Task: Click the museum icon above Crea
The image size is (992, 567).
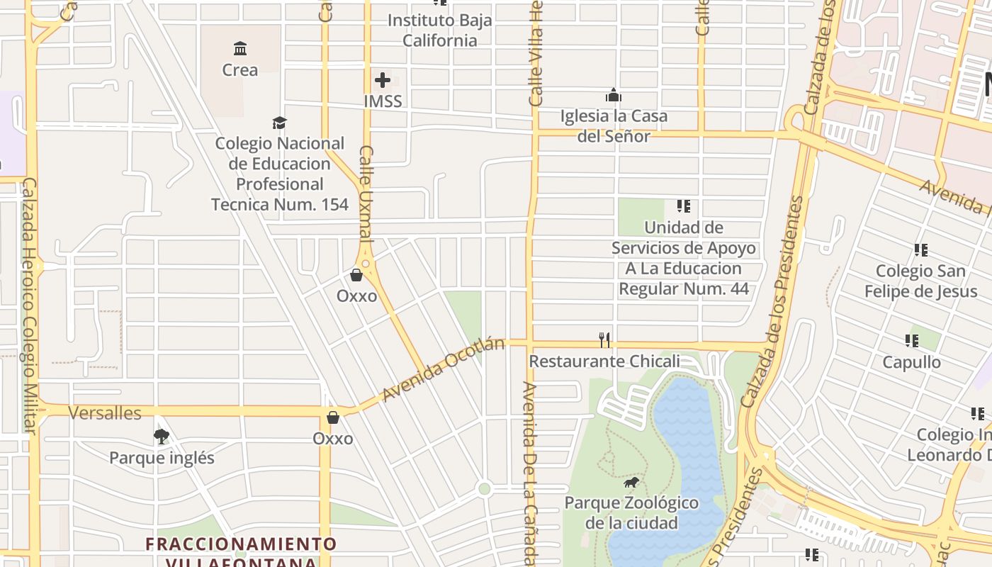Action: tap(240, 49)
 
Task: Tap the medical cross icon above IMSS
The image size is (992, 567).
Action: tap(383, 80)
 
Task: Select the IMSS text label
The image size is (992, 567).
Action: tap(383, 101)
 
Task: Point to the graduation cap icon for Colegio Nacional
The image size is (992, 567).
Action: tap(280, 123)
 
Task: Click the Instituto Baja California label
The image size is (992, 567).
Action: tap(439, 30)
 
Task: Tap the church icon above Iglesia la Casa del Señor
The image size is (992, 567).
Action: tap(614, 95)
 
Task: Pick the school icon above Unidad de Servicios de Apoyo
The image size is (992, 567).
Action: tap(683, 206)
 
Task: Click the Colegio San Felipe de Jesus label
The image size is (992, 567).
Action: tap(920, 281)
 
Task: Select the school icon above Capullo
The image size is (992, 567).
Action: tap(912, 341)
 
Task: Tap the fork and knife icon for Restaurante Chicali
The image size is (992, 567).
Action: tap(604, 340)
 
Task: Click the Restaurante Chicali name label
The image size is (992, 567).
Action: tap(604, 361)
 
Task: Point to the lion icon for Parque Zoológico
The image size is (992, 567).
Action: tap(631, 483)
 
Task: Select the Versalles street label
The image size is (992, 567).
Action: tap(105, 413)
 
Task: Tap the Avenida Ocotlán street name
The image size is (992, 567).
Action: tap(443, 369)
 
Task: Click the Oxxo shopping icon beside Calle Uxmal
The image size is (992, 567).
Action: tap(356, 275)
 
